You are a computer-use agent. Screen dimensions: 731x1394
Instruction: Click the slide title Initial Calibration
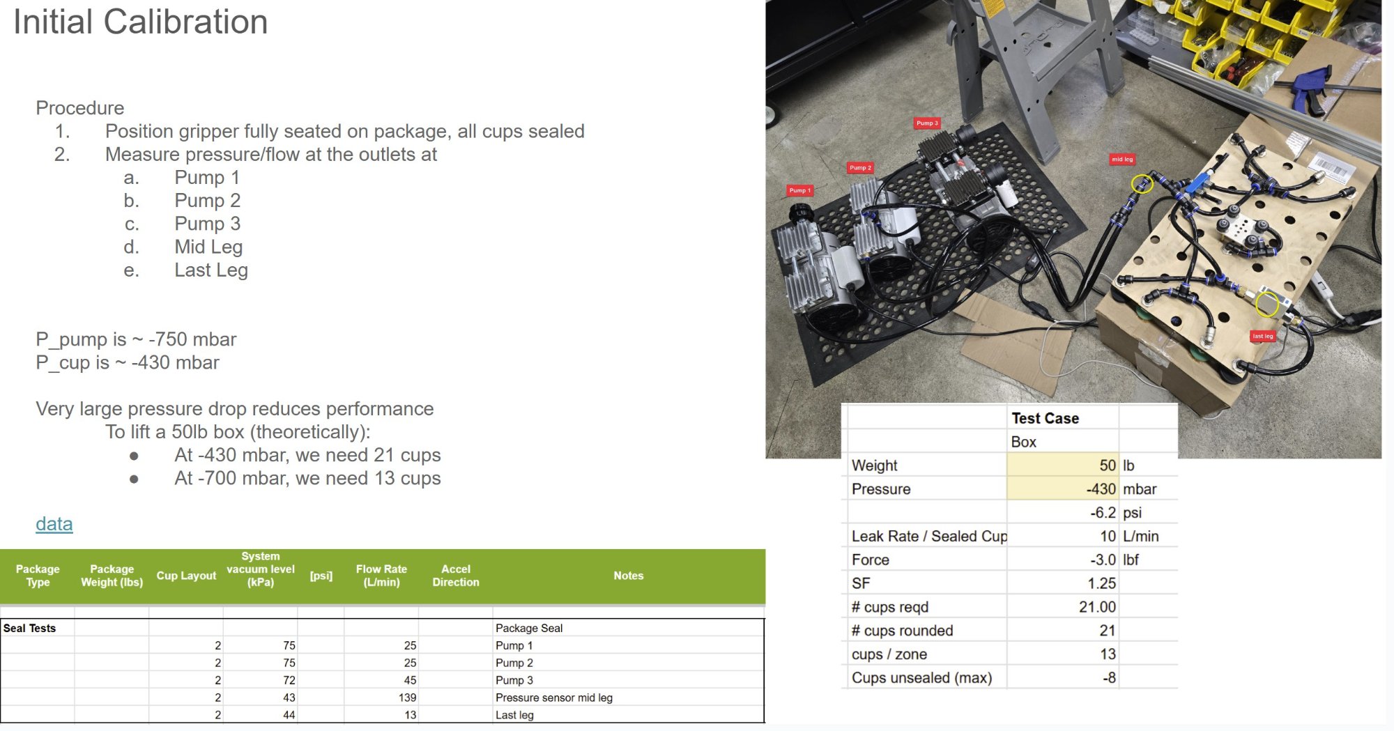coord(140,22)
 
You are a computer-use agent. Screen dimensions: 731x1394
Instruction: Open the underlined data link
coord(54,524)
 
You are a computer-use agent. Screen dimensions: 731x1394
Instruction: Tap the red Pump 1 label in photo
coord(799,190)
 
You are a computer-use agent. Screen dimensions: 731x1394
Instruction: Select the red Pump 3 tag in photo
coord(926,123)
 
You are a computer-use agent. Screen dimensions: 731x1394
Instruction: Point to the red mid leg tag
coord(1121,160)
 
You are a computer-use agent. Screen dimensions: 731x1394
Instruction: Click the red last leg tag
coord(1262,336)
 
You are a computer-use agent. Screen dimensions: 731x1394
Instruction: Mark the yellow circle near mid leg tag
coord(1141,184)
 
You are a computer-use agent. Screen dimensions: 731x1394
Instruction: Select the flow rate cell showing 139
coord(407,698)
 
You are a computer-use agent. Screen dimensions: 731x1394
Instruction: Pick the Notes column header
coord(628,576)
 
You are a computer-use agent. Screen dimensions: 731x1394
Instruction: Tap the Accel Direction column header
coord(455,576)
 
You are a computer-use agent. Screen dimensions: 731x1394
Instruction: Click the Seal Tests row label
coord(29,628)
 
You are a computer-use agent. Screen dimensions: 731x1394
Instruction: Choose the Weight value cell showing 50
coord(1107,465)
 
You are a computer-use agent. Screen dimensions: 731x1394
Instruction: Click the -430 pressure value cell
coord(1101,489)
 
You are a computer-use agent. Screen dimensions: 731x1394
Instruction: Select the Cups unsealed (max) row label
coord(921,678)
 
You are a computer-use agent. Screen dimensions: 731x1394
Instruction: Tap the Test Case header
coord(1045,418)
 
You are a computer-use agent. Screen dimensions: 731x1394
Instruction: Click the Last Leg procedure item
coord(210,270)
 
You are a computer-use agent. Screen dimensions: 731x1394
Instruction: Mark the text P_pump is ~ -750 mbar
coord(136,339)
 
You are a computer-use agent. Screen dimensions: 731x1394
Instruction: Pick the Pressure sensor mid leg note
coord(553,698)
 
